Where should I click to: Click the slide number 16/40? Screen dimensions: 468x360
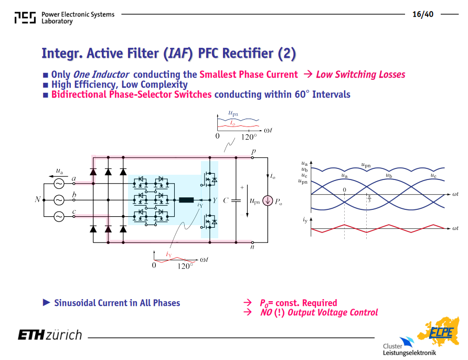(x=423, y=14)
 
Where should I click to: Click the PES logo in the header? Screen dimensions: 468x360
(x=25, y=18)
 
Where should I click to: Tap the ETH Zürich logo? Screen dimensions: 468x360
(x=50, y=335)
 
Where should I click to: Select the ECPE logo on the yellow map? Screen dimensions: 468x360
(x=441, y=333)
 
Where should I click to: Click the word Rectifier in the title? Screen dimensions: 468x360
(x=248, y=54)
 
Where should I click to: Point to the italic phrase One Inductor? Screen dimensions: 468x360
(x=101, y=75)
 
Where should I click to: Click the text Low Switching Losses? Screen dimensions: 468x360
(x=360, y=75)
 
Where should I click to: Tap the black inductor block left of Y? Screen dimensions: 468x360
(x=186, y=200)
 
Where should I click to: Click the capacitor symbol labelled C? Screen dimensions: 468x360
(x=236, y=200)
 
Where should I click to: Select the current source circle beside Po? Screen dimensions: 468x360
(x=268, y=200)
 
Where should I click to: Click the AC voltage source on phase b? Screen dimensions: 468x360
(x=59, y=200)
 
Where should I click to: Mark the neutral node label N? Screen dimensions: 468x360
(x=38, y=199)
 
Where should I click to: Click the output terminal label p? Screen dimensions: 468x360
(x=254, y=152)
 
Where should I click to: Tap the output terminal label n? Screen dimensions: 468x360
(x=252, y=247)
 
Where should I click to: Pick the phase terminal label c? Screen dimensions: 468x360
(x=74, y=211)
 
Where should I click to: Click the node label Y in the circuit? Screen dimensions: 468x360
(x=215, y=200)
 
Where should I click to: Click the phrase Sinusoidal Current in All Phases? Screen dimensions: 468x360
(x=117, y=303)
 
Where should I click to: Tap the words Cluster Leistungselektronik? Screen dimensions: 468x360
(x=409, y=350)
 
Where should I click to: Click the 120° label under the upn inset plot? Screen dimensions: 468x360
(x=249, y=137)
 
